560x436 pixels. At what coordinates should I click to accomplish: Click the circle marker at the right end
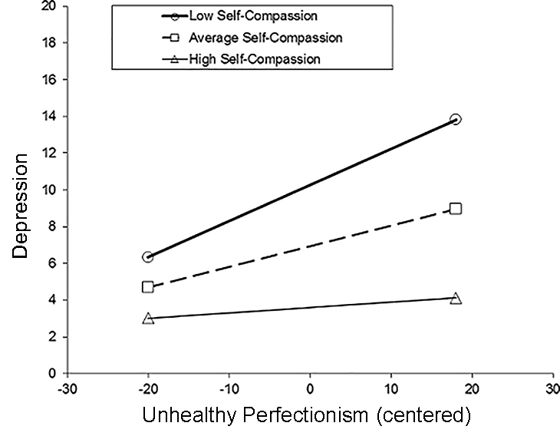tap(456, 119)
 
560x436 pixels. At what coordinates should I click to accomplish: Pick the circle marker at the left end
tap(147, 257)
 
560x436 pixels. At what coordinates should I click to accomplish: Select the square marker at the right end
tap(456, 209)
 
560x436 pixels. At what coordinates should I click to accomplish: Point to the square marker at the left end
tap(147, 287)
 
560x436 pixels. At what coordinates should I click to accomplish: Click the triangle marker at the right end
tap(456, 298)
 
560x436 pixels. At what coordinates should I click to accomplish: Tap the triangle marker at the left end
tap(147, 318)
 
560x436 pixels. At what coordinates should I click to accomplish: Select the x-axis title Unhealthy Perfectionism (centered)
tap(305, 416)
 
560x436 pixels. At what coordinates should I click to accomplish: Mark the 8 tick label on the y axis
tap(53, 226)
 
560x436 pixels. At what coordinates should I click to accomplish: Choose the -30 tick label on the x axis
tap(68, 388)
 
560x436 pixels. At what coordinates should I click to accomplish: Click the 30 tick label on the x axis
tap(552, 388)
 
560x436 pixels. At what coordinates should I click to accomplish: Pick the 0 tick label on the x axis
tap(311, 388)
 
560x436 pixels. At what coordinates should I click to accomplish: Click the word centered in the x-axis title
tap(425, 416)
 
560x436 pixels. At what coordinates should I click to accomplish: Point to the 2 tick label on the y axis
tap(53, 337)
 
